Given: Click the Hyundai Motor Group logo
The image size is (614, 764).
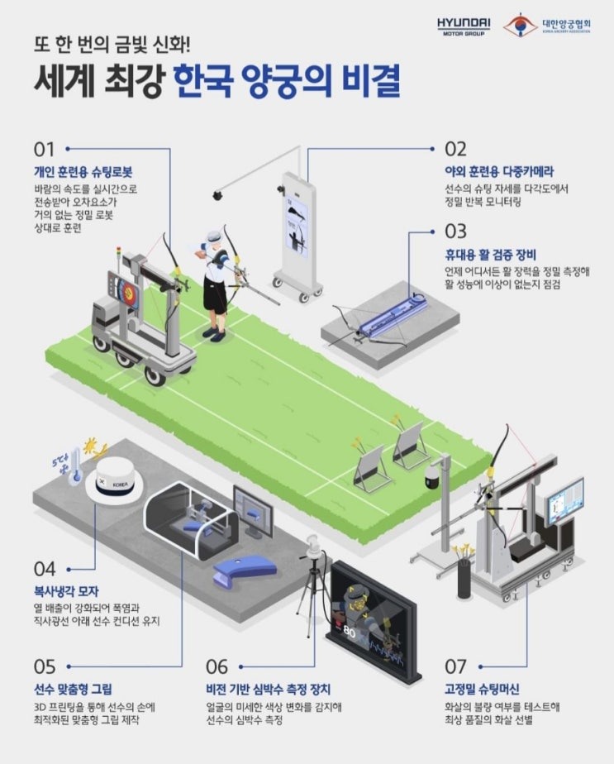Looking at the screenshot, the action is [463, 26].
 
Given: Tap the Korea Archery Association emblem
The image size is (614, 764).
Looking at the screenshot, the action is [520, 25].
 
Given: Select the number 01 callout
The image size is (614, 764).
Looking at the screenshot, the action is [44, 150].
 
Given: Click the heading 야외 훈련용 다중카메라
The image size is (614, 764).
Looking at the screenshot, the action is [499, 171].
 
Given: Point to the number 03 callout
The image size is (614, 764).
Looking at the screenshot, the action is [455, 232].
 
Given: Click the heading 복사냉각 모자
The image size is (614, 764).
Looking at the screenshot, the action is [66, 591].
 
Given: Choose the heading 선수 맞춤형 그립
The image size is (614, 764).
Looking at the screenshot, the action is [73, 689].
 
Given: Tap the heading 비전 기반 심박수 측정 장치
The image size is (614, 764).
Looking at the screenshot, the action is [269, 689].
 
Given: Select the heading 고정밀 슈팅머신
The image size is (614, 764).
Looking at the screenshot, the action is [482, 689].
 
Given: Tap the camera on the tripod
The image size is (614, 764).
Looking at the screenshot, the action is [312, 547].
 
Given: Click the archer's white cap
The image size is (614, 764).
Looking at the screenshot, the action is [215, 237].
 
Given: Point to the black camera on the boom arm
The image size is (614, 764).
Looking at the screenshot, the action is [217, 195].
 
